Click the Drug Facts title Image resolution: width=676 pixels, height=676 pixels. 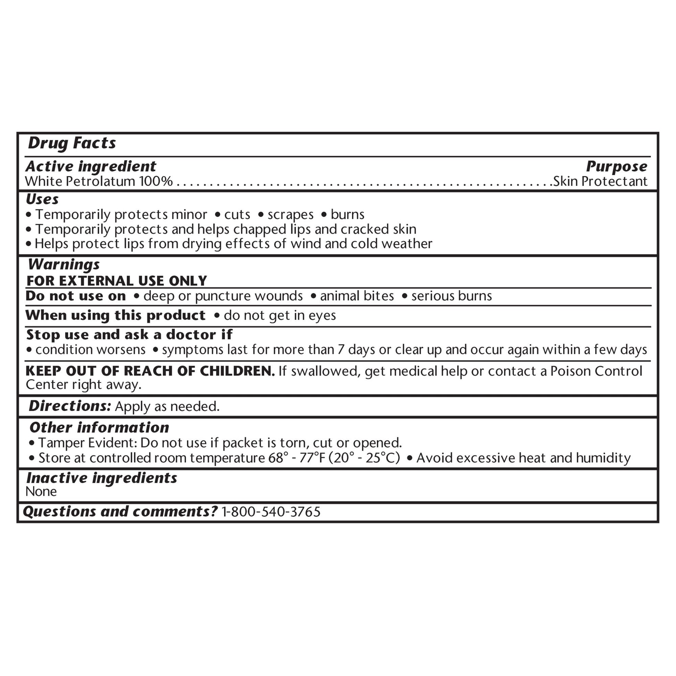pos(72,143)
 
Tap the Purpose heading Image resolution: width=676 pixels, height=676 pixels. pos(617,166)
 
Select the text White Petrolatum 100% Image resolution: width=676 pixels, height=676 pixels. pos(99,181)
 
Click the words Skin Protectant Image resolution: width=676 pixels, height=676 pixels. pos(600,181)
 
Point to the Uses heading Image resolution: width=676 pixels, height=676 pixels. pos(42,199)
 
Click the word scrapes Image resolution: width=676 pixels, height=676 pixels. pos(290,214)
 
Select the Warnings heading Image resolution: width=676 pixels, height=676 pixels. pos(64,264)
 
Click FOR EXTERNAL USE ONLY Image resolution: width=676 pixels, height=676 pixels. pos(116,281)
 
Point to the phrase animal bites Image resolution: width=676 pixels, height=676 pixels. pos(356,296)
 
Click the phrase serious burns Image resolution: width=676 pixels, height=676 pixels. pos(451,296)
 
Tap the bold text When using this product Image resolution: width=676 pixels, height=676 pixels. pos(115,315)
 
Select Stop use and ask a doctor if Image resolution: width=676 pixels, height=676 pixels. pos(129,335)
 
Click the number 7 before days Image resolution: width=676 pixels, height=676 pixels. pos(341,349)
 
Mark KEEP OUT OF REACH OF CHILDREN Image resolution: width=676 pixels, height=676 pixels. pos(150,371)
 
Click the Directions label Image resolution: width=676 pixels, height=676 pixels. pos(70,406)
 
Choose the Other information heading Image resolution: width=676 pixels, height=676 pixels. pos(99,427)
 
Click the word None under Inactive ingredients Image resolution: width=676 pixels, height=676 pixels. pos(41,492)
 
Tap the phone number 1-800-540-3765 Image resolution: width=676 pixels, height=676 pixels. pos(271,512)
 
